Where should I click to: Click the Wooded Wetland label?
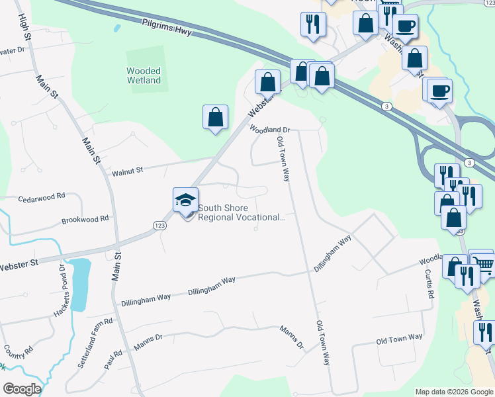pos(144,75)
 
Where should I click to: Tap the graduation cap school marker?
pos(185,200)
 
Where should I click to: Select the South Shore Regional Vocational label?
pos(242,212)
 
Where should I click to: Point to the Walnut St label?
pos(127,172)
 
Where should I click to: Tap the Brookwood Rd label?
pos(84,219)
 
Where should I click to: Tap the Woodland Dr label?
pos(270,130)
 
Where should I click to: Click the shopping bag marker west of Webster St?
pos(215,117)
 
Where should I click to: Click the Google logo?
pos(21,389)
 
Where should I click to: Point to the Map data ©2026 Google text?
pos(453,392)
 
